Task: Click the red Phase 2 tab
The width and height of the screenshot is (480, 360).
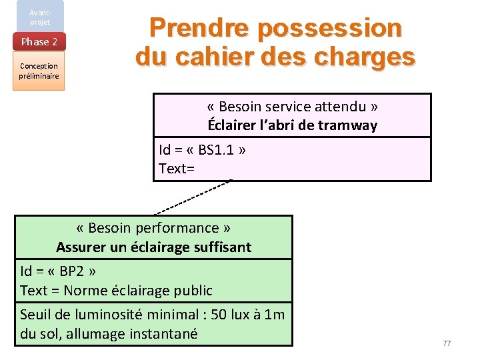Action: [39, 42]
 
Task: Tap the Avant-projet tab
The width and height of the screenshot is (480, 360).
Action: [39, 17]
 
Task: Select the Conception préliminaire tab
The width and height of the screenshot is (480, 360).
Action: [39, 71]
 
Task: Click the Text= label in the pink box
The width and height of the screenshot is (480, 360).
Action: [177, 169]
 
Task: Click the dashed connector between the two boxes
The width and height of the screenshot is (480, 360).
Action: [193, 197]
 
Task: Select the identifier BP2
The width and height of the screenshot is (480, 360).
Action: [77, 271]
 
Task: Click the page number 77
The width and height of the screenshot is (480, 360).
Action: [447, 343]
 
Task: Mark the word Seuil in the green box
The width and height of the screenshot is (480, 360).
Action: [38, 315]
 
